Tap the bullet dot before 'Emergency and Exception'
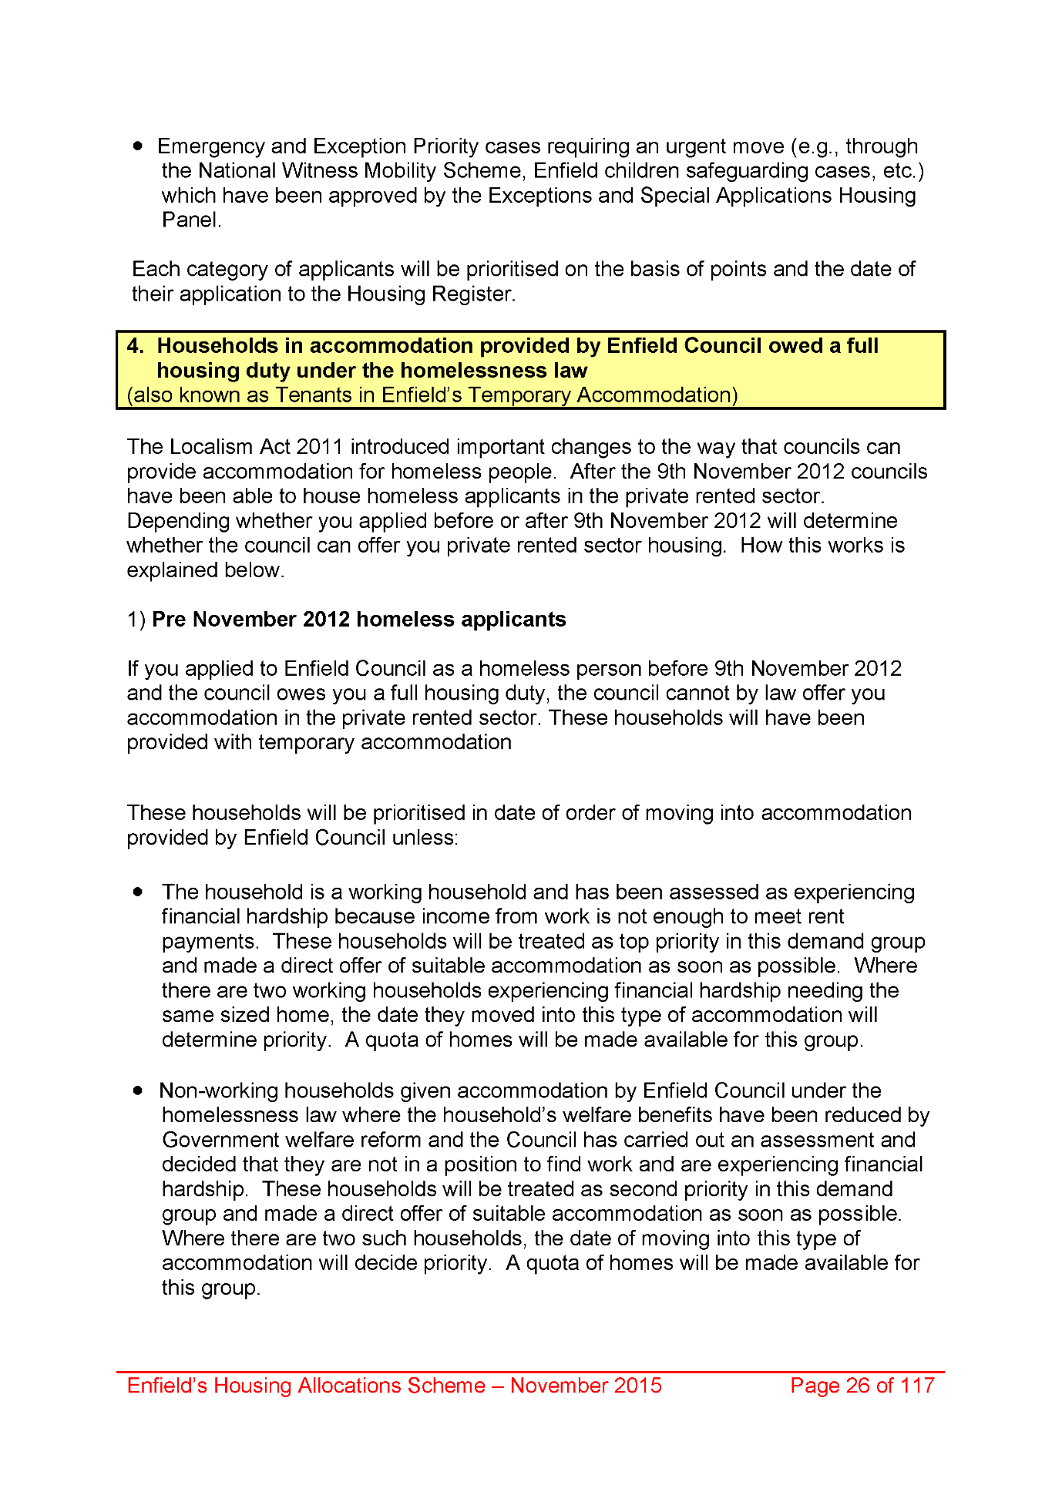[139, 146]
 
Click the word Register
[472, 294]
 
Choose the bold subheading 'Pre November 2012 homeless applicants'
[358, 620]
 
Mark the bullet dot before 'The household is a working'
[139, 892]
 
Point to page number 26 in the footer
[858, 1386]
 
